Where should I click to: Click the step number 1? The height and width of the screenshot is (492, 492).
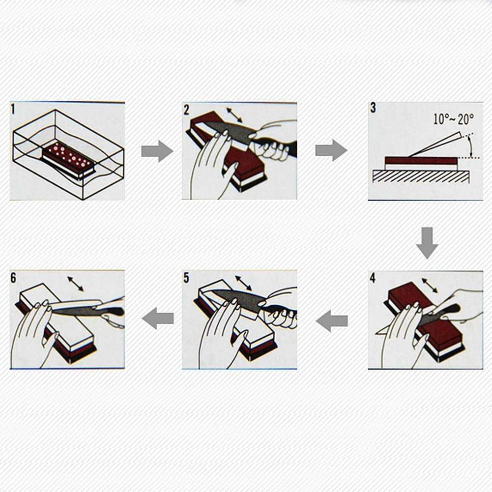[x=13, y=110]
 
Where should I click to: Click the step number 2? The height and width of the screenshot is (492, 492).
[x=186, y=110]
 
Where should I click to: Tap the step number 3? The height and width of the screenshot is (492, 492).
[x=373, y=108]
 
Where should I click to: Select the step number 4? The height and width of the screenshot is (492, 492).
[x=373, y=278]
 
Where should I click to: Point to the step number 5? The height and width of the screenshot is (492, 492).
[x=186, y=278]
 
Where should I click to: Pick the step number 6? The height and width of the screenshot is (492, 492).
[x=13, y=278]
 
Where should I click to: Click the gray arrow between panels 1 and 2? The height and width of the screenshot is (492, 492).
[x=157, y=151]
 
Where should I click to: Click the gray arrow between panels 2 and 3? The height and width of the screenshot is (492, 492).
[x=331, y=150]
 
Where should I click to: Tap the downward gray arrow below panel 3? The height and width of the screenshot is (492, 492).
[x=427, y=243]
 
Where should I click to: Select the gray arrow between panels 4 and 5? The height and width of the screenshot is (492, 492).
[x=332, y=320]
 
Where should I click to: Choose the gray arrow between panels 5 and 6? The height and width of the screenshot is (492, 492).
[x=157, y=318]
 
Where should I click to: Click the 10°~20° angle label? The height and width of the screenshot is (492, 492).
[x=453, y=119]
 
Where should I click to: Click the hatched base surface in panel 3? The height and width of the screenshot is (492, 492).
[x=421, y=176]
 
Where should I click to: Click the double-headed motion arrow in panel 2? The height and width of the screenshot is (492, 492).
[x=234, y=115]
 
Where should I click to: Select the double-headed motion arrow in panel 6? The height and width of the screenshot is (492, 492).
[x=76, y=284]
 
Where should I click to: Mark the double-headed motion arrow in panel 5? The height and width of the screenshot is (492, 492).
[x=243, y=283]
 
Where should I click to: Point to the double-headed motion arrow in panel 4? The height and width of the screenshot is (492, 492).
[x=430, y=286]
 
